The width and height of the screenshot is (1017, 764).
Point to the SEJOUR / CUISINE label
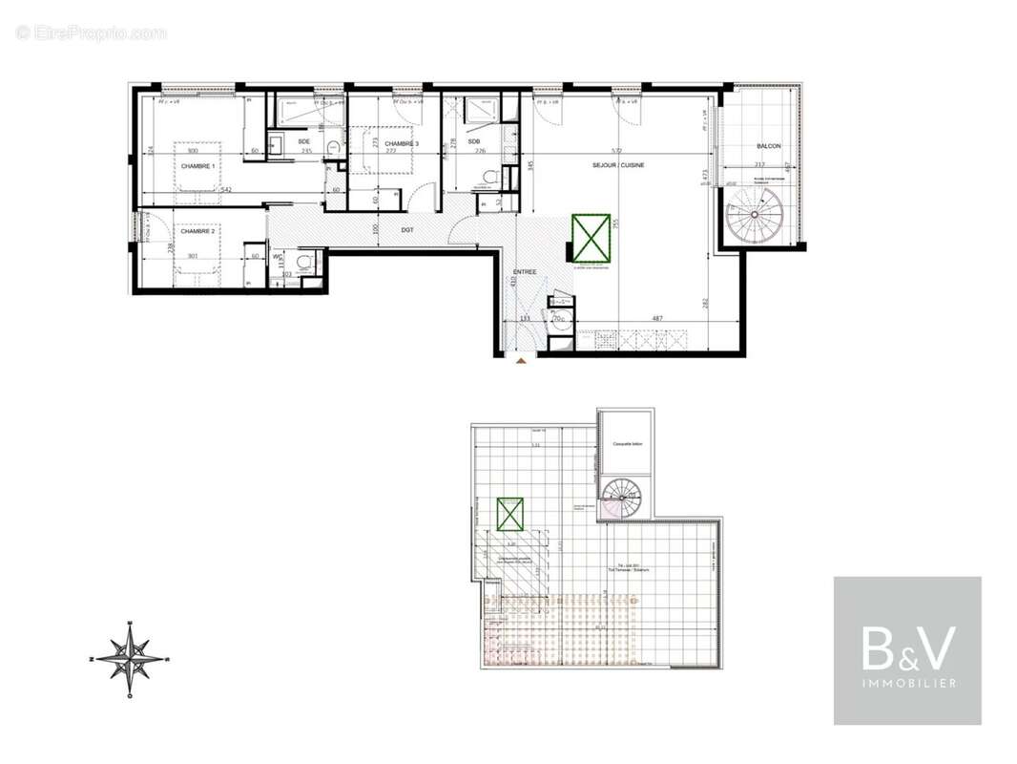(618, 165)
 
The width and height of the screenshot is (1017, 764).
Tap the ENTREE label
(524, 272)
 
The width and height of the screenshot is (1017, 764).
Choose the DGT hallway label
(407, 229)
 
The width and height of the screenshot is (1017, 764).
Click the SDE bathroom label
(303, 141)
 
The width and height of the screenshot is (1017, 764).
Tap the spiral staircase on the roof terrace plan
(623, 499)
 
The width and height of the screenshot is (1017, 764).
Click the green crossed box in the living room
(591, 238)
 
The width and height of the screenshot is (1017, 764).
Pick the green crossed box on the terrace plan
(510, 515)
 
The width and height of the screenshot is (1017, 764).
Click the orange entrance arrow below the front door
(520, 362)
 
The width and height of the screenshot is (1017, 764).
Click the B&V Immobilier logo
(907, 650)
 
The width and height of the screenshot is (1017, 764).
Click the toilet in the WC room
(306, 261)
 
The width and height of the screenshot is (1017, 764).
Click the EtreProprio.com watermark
(91, 33)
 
